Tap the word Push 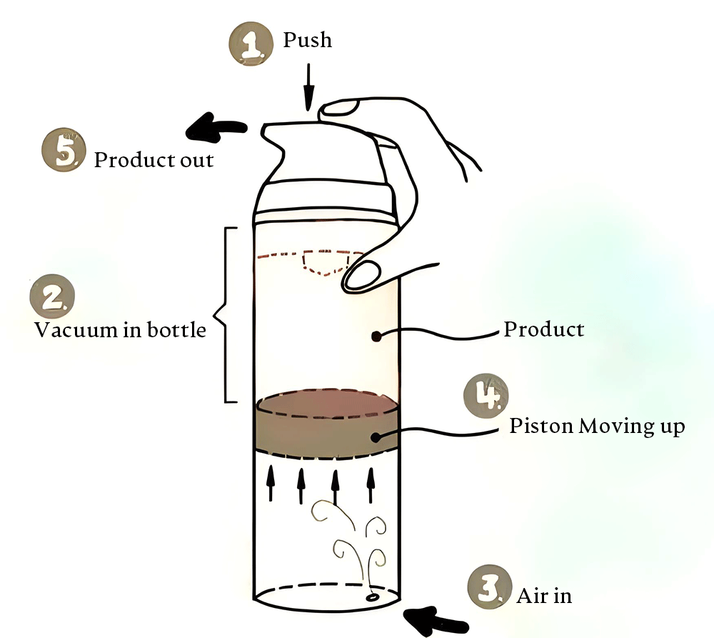pos(308,40)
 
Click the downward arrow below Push pos(308,86)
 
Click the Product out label pos(154,159)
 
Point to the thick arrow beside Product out pos(216,128)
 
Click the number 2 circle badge pos(52,299)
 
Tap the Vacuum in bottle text pos(120,331)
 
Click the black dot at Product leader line pos(376,334)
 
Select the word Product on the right pos(544,329)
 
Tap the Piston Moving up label pos(597,427)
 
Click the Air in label pos(544,595)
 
